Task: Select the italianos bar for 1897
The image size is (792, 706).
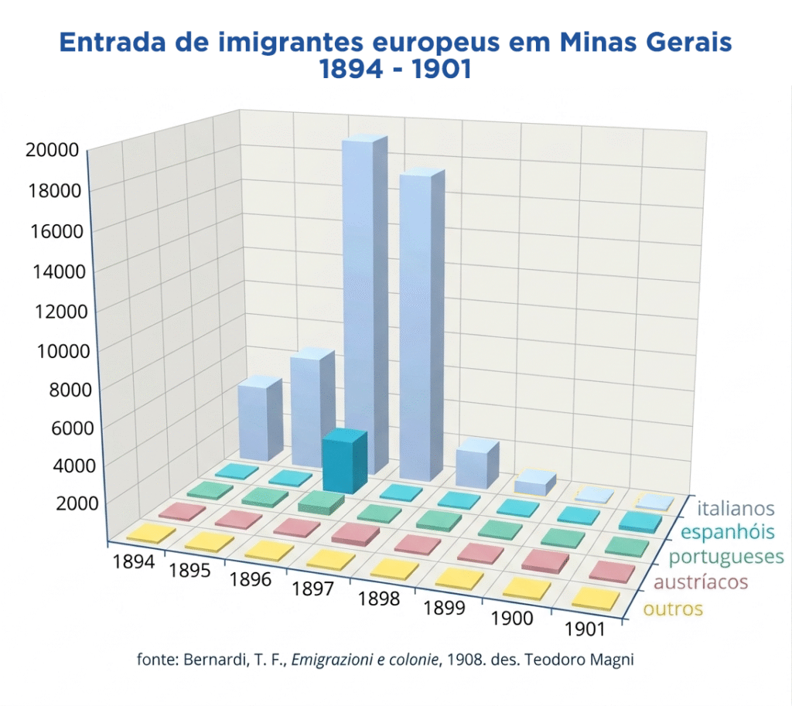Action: tap(422, 325)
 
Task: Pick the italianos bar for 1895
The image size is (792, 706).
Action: tap(312, 410)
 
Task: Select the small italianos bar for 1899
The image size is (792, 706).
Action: tap(534, 483)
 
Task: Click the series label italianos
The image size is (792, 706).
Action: tap(735, 509)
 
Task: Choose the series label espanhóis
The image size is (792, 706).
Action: tap(730, 533)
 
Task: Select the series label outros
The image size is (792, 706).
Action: tap(673, 609)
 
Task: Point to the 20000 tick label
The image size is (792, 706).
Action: tap(52, 149)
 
